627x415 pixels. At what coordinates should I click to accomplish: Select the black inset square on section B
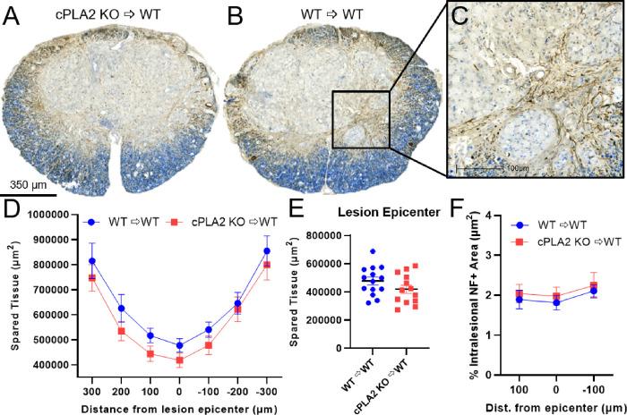coord(360,119)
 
